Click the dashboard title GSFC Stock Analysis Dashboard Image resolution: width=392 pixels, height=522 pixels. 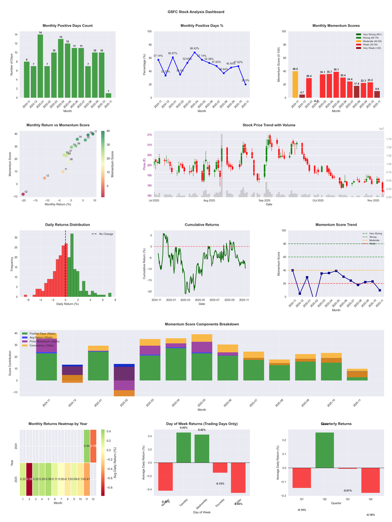[x=196, y=11]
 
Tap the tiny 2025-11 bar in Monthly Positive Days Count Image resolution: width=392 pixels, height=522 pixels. [x=108, y=95]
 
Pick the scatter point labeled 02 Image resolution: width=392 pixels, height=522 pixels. [x=23, y=194]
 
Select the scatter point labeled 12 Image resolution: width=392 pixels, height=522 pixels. [x=45, y=178]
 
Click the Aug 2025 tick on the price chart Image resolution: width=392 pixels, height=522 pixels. [x=209, y=200]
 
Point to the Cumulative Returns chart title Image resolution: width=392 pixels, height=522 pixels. [x=202, y=225]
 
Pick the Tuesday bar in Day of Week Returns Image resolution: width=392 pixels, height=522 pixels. [x=183, y=448]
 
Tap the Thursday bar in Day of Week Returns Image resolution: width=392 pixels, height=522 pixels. [x=220, y=467]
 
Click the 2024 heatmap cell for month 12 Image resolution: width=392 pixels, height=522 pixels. [x=93, y=446]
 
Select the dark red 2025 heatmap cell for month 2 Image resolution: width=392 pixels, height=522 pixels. [x=29, y=479]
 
